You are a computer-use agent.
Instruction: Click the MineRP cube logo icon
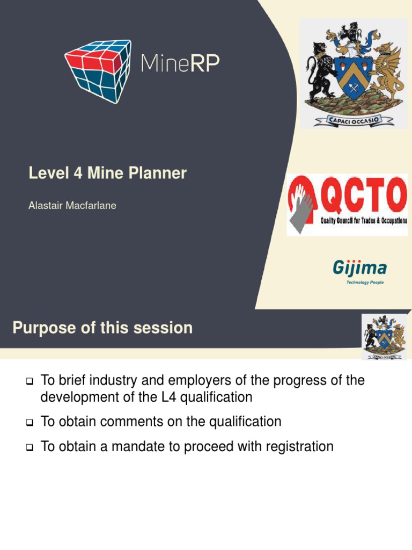coord(97,70)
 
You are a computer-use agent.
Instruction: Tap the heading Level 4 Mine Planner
coord(107,173)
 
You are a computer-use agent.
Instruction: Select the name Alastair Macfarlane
coord(72,206)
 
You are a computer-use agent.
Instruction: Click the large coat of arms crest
coord(353,74)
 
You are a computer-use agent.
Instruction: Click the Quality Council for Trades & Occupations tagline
coord(364,221)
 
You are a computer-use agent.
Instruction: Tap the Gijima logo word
coord(359,267)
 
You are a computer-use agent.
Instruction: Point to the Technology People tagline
coord(365,283)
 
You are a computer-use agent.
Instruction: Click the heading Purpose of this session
coord(102,328)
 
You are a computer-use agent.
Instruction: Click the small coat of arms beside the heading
coord(384,337)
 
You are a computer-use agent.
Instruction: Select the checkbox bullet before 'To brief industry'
coord(30,382)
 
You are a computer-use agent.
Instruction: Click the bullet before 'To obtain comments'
coord(30,423)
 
